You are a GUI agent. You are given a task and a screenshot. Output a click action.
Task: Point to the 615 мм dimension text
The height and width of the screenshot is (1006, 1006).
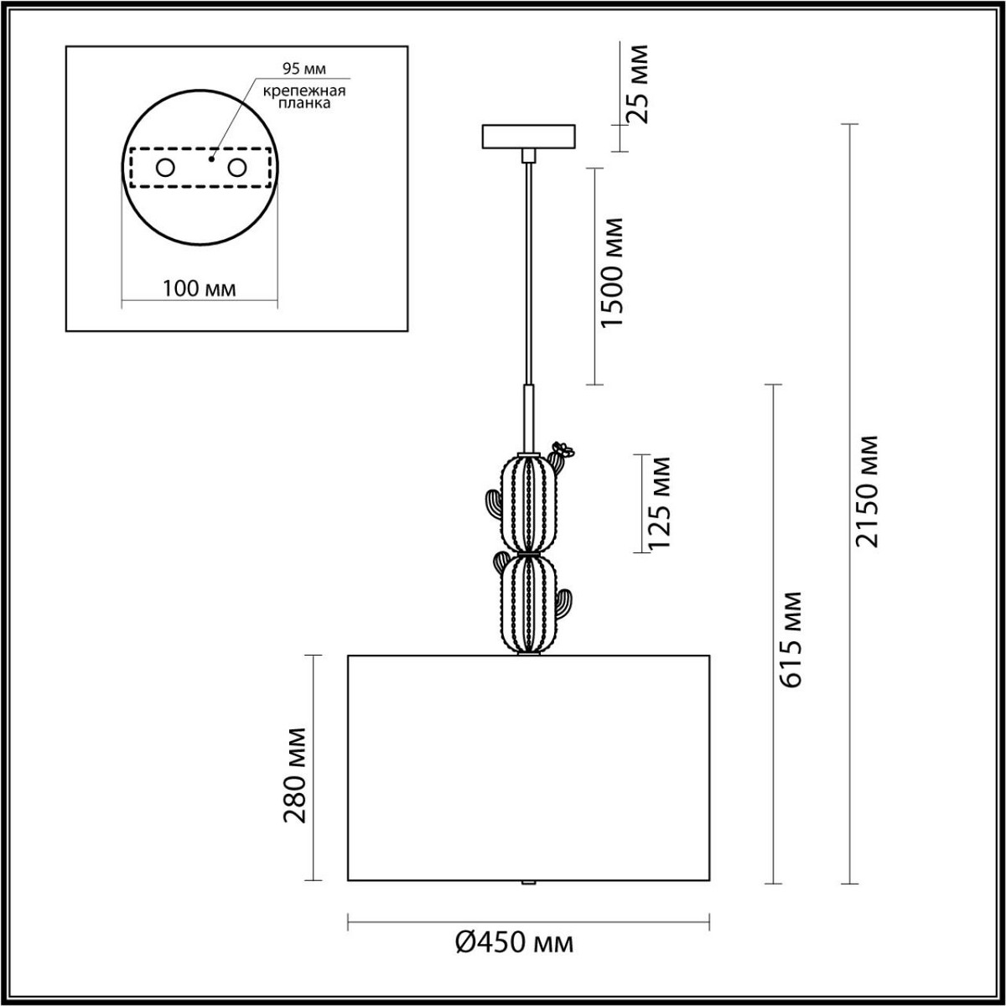(789, 640)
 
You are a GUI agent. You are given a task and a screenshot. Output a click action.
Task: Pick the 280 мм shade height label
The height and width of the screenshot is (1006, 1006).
(294, 775)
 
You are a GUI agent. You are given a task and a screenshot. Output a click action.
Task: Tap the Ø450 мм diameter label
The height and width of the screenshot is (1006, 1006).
(515, 943)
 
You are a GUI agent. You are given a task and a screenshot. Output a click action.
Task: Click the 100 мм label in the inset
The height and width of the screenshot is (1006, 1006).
(199, 288)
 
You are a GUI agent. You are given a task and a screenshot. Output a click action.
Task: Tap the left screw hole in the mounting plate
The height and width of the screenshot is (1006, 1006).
(165, 168)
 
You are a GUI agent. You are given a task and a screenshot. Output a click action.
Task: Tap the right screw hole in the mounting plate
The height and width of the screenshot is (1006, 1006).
(237, 168)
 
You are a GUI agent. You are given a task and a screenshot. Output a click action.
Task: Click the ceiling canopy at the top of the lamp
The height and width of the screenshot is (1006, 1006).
(528, 136)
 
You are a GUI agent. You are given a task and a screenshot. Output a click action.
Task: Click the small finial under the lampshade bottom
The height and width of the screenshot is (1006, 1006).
(527, 884)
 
